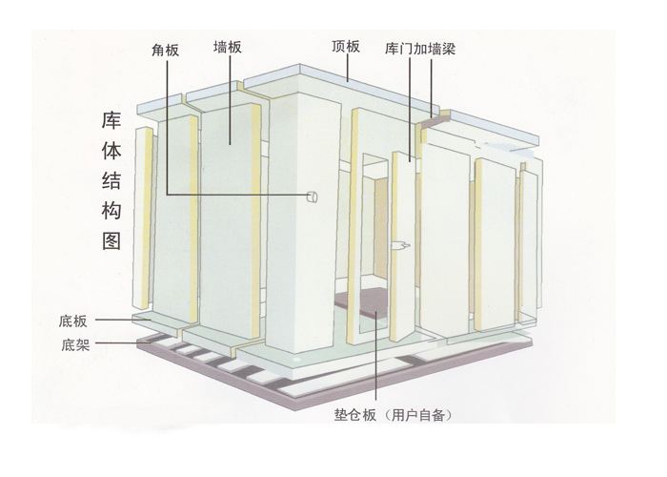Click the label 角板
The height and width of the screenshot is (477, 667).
[x=166, y=51]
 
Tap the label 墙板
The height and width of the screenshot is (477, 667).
[x=228, y=47]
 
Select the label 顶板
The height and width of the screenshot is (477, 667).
[x=346, y=46]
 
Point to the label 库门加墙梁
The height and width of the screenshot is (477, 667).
[x=420, y=49]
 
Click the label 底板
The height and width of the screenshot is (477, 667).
[x=73, y=321]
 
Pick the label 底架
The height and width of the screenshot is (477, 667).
[x=75, y=344]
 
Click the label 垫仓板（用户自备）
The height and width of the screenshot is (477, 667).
[x=393, y=414]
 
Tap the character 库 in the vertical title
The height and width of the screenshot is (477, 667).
[x=111, y=120]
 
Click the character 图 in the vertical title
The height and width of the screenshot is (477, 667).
[x=111, y=240]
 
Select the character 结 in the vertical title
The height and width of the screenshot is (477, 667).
[x=111, y=180]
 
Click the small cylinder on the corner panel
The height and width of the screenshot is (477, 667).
[x=313, y=197]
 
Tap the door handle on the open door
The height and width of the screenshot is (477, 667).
[x=401, y=245]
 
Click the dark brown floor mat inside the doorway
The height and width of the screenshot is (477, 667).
[x=362, y=304]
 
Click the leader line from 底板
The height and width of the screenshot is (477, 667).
[x=123, y=320]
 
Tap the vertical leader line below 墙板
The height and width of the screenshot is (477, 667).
[x=231, y=100]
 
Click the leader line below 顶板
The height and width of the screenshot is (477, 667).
[x=348, y=68]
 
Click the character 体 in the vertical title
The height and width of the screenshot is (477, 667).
[x=111, y=151]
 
